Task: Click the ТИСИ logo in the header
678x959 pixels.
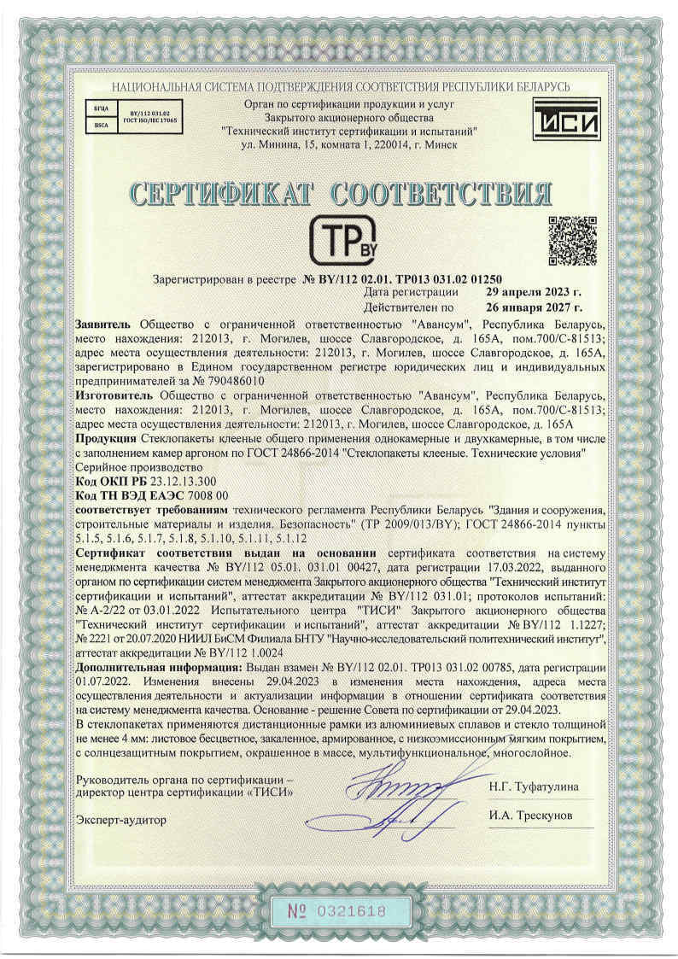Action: (x=566, y=119)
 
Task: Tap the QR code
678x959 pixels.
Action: (x=571, y=242)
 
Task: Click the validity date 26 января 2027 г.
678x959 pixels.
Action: (x=534, y=306)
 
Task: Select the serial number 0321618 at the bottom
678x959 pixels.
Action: (x=350, y=911)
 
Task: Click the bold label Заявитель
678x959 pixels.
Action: (x=103, y=325)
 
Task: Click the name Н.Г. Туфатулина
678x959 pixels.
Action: (x=534, y=786)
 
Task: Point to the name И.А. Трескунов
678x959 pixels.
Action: (x=529, y=815)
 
